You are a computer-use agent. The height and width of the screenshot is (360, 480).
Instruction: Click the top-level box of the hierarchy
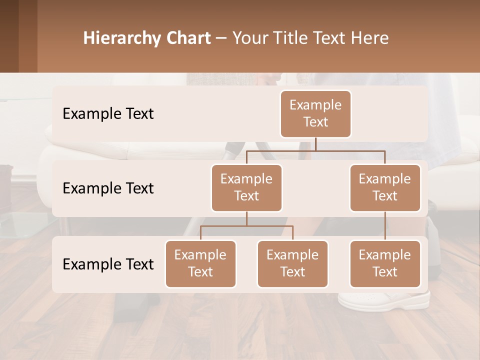[x=315, y=113]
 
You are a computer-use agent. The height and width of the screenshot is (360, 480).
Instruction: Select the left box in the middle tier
[x=246, y=187]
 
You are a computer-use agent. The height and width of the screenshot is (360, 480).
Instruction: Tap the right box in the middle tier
[x=384, y=187]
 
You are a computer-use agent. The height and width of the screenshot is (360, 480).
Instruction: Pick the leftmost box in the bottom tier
[x=200, y=263]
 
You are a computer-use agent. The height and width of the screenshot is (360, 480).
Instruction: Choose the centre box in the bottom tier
[x=292, y=263]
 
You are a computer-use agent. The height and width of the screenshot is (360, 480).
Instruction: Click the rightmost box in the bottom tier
[x=384, y=263]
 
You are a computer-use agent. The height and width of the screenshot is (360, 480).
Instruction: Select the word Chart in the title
[x=186, y=38]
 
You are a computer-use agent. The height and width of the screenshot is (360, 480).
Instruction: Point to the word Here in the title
[x=369, y=38]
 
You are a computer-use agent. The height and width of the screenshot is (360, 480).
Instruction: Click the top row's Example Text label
[x=108, y=113]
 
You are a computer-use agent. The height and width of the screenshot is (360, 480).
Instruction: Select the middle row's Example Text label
[x=108, y=188]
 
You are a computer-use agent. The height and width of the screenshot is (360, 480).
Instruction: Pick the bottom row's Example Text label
[x=108, y=264]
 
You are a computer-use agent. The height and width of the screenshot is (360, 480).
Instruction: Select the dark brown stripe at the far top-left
[x=9, y=36]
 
